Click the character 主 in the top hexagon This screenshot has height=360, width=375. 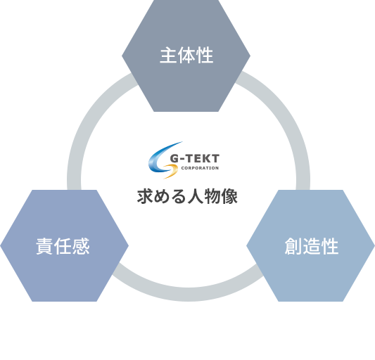click(168, 56)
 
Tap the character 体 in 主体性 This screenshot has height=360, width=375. click(186, 56)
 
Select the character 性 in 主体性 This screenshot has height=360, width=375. click(205, 56)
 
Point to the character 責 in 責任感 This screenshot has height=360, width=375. click(45, 246)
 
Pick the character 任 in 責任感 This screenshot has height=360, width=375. click(63, 246)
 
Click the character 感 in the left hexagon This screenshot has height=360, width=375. click(81, 246)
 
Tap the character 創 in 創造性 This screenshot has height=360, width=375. click(293, 246)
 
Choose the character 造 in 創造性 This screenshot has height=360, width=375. click(312, 246)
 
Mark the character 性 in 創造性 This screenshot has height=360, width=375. click(329, 246)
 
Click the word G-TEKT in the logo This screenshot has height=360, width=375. click(194, 158)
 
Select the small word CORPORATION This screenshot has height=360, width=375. click(200, 168)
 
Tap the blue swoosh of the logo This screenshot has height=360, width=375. click(161, 157)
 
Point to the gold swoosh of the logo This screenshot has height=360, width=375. click(172, 171)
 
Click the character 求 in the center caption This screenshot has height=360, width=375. click(146, 196)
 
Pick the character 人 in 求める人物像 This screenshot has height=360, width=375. click(196, 196)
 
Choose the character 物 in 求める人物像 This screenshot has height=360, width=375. click(212, 196)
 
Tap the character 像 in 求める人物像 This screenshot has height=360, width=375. click(229, 196)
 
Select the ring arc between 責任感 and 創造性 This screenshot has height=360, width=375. click(188, 295)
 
